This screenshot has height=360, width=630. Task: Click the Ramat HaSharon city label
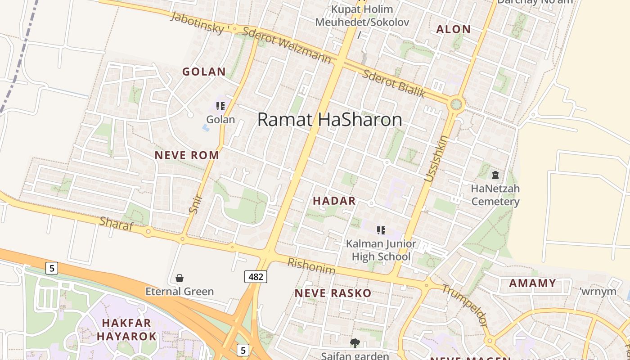click(329, 120)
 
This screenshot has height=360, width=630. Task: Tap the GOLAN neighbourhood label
click(204, 72)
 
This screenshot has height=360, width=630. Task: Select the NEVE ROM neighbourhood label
click(187, 155)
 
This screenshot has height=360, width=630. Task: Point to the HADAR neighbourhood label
click(334, 201)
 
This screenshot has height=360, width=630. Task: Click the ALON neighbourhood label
click(454, 30)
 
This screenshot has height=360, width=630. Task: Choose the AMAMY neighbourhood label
click(532, 283)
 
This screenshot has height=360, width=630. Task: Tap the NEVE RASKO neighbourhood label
click(333, 293)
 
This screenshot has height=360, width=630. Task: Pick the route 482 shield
click(256, 276)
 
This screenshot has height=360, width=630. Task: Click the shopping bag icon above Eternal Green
click(180, 278)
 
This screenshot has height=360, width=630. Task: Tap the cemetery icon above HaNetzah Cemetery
click(495, 175)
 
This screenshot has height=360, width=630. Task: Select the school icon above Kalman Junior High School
click(381, 230)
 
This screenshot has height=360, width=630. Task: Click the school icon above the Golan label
click(220, 106)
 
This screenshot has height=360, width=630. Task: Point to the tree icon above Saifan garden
click(355, 343)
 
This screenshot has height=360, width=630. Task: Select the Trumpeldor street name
click(464, 306)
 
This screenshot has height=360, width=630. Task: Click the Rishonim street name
click(311, 266)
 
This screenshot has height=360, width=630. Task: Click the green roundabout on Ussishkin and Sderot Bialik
click(456, 104)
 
